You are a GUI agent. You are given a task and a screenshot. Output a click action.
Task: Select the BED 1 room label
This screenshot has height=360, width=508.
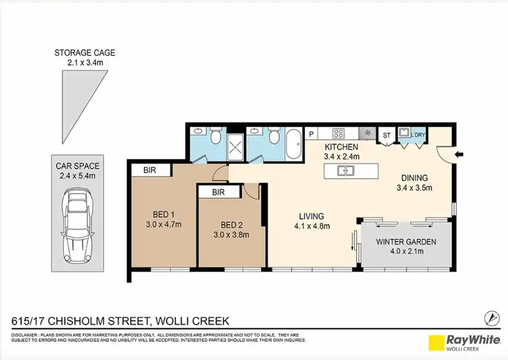tap(161, 213)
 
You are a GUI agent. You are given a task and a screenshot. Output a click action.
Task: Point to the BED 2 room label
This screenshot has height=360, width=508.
tap(230, 225)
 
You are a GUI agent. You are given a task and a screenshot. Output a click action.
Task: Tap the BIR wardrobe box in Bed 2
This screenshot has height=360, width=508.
tap(217, 192)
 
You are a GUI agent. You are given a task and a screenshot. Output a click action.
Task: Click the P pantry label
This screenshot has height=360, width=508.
tap(312, 134)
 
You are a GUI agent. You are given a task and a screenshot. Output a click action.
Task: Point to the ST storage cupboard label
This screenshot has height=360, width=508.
tap(387, 135)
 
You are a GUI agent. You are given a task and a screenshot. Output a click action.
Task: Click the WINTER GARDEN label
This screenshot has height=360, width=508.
tap(406, 242)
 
